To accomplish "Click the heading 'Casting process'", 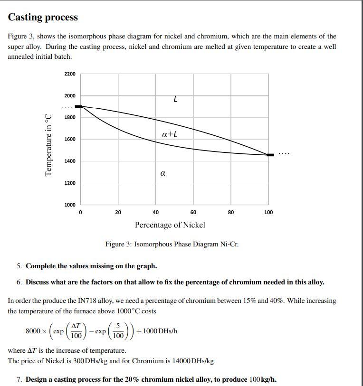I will point(43,18).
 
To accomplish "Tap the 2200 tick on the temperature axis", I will point(70,74).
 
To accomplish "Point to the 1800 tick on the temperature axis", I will point(70,117).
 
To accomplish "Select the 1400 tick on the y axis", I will point(70,161).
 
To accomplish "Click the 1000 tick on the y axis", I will point(70,205).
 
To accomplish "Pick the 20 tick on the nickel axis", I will point(118,213).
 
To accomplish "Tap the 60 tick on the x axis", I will point(193,213).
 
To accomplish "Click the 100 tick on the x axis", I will point(268,213).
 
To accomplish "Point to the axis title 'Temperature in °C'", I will point(48,145).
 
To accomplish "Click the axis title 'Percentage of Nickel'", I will point(170,225).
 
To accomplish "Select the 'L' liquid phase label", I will point(175,100).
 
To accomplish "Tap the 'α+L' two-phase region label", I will point(170,134).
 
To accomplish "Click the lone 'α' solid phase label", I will point(163,174).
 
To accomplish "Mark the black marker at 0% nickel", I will point(79,107).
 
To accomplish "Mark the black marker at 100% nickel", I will point(270,155).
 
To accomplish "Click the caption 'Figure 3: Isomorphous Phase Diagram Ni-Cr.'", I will point(172,245).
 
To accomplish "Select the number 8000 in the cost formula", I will point(33,331).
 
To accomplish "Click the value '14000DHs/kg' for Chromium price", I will point(196,361).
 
